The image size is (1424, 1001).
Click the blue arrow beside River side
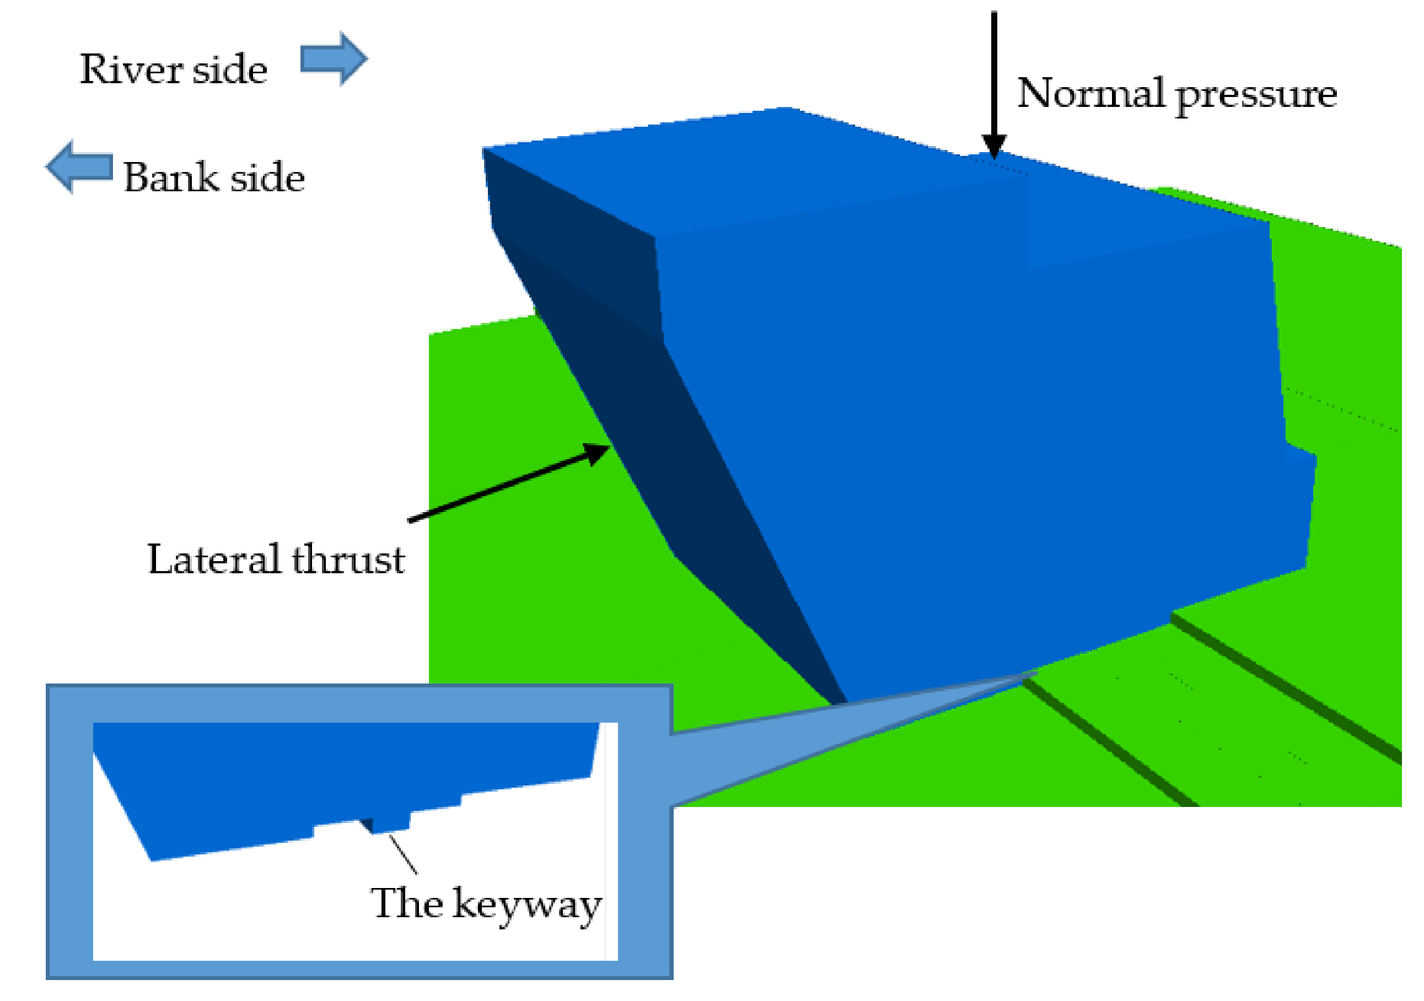[334, 59]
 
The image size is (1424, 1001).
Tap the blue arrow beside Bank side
[79, 166]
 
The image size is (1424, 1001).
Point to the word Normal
[1090, 94]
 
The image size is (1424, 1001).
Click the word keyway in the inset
[526, 906]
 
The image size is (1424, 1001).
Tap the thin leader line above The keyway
[403, 854]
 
